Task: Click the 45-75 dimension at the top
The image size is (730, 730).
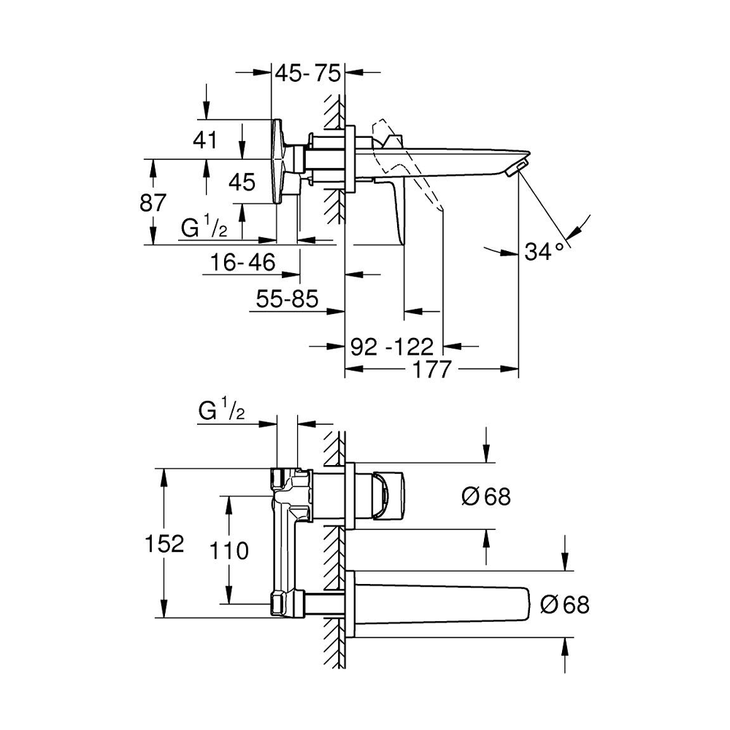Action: [x=307, y=74]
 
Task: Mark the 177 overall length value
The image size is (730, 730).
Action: [x=431, y=369]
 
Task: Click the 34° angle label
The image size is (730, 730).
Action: [x=545, y=252]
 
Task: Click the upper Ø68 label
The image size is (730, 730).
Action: [x=486, y=497]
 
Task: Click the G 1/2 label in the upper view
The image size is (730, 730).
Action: [x=204, y=228]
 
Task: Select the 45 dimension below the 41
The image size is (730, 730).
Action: [x=242, y=182]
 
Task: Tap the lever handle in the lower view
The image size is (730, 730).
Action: [x=387, y=496]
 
